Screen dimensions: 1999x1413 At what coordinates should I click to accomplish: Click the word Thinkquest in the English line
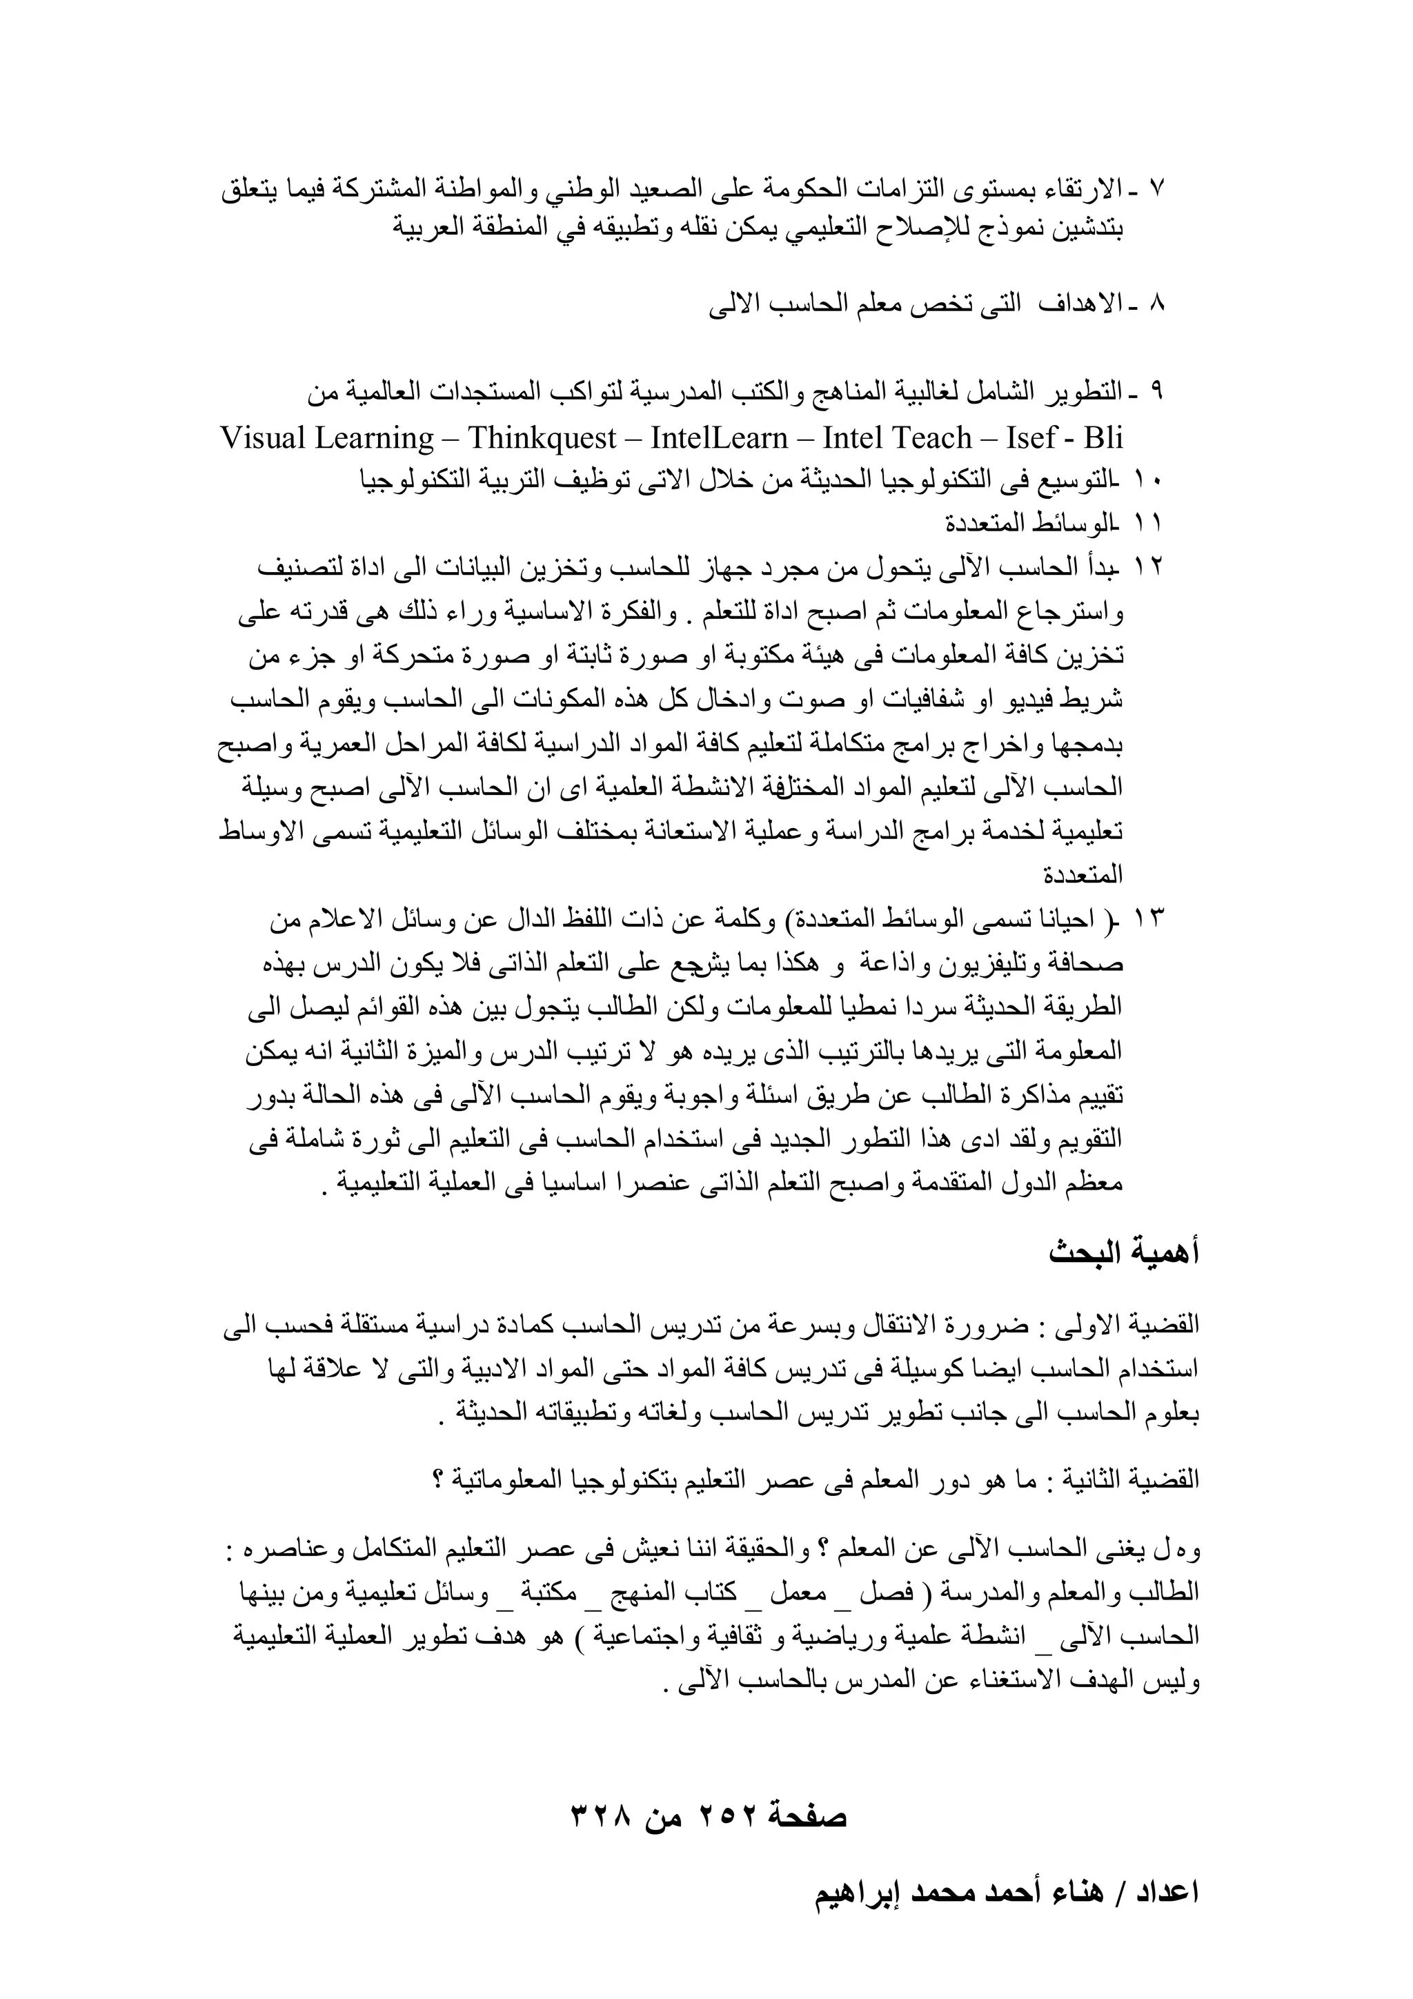click(542, 437)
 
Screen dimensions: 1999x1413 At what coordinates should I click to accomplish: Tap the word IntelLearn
click(718, 437)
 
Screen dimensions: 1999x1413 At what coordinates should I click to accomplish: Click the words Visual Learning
click(327, 437)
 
